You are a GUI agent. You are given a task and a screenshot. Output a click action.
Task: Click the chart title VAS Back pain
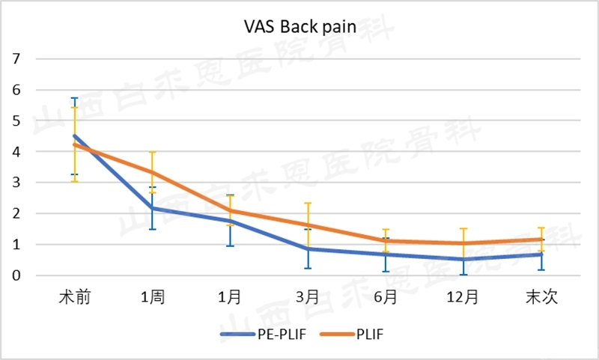299,28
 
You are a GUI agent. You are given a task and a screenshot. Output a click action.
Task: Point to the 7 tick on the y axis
16,59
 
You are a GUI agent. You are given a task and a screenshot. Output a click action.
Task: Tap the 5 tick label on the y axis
16,121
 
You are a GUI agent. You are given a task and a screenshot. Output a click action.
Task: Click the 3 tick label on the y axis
16,183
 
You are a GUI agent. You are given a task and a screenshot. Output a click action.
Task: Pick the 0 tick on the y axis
16,275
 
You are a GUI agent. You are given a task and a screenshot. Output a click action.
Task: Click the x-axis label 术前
75,297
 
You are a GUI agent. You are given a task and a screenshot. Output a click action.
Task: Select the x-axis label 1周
152,297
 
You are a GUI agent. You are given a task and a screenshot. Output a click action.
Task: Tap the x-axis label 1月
230,297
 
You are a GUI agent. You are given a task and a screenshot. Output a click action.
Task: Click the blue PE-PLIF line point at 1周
152,208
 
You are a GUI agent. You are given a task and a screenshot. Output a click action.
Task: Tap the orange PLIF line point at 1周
152,172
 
